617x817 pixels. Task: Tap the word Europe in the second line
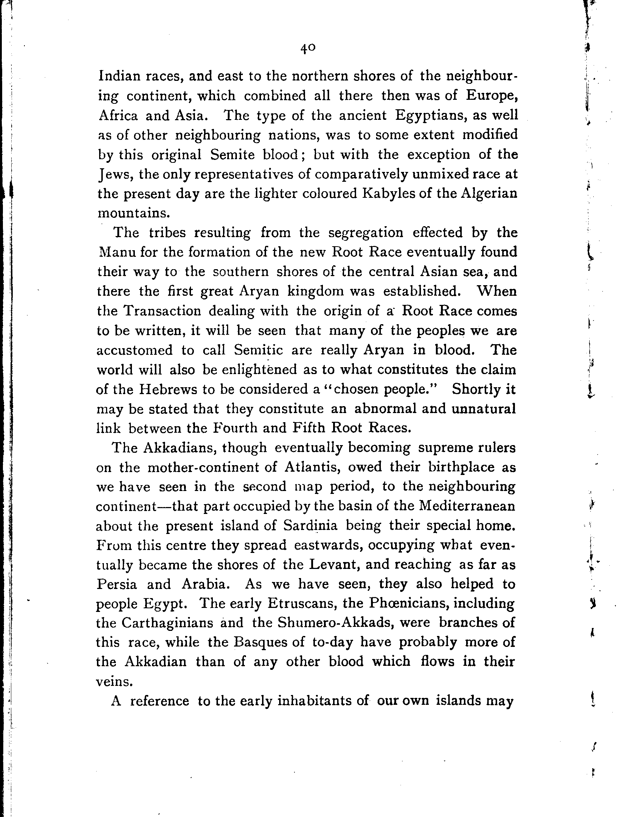tap(491, 96)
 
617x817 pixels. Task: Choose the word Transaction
tap(162, 311)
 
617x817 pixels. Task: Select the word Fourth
tap(235, 428)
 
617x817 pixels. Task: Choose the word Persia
tap(116, 584)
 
